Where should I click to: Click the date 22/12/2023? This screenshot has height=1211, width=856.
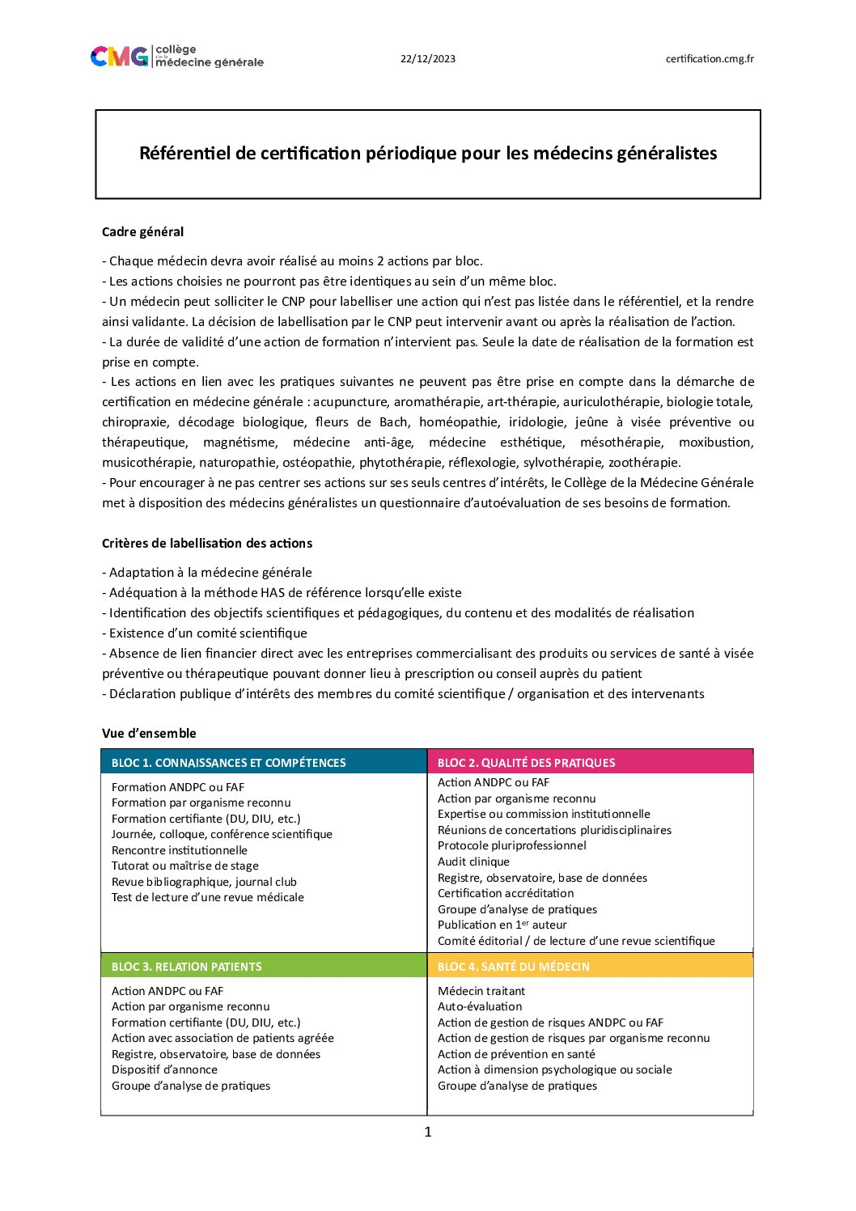tap(428, 58)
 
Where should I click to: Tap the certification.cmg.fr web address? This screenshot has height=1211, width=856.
tap(710, 58)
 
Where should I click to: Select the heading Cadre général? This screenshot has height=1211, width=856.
tap(142, 232)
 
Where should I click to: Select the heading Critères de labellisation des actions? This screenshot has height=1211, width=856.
tap(207, 544)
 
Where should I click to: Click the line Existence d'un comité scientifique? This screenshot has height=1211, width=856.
tap(208, 633)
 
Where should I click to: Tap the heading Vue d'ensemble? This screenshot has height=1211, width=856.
tap(149, 734)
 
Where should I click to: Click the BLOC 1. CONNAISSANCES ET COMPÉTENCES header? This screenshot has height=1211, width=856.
tap(229, 763)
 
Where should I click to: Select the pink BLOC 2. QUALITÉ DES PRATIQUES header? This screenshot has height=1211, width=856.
tap(526, 763)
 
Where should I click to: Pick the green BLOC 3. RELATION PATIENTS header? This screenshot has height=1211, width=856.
tap(187, 967)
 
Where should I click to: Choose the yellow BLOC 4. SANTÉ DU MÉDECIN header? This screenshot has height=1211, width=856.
tap(514, 967)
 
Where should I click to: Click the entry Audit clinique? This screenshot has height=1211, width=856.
tap(473, 862)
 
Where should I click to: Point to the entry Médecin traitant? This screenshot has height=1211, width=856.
tap(481, 991)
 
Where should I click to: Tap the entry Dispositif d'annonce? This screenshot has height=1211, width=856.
tap(164, 1069)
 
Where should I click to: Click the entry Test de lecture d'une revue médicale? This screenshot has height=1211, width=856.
tap(208, 897)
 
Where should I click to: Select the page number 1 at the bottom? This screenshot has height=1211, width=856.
tap(428, 1132)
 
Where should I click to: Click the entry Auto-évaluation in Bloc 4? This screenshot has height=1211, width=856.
tap(480, 1006)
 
